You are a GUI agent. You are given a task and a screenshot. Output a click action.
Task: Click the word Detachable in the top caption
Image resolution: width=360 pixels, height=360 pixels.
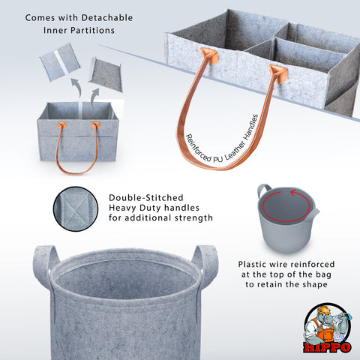tap(107, 18)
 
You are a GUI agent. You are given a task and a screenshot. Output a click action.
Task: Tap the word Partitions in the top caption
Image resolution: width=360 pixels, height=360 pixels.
tap(92, 31)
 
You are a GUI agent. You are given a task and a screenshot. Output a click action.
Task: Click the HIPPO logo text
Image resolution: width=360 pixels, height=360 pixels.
tap(327, 347)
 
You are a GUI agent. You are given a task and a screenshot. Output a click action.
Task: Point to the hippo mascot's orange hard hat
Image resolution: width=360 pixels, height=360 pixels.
tap(323, 310)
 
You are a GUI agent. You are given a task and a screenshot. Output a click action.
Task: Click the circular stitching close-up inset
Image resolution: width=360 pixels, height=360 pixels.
tap(76, 208)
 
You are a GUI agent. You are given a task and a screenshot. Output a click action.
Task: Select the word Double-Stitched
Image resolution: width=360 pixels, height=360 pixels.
tap(146, 198)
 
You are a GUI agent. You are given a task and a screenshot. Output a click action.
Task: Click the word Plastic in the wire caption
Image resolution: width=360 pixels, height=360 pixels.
tap(252, 264)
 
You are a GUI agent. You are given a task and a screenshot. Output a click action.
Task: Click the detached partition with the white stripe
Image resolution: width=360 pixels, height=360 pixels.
tap(60, 61)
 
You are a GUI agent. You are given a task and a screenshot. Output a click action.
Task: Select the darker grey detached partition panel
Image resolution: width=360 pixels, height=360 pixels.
tap(106, 74)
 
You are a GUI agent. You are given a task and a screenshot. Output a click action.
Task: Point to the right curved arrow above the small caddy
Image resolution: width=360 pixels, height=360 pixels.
tap(95, 97)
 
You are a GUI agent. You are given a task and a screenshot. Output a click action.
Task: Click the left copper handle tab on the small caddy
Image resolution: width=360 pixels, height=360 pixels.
tap(61, 124)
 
